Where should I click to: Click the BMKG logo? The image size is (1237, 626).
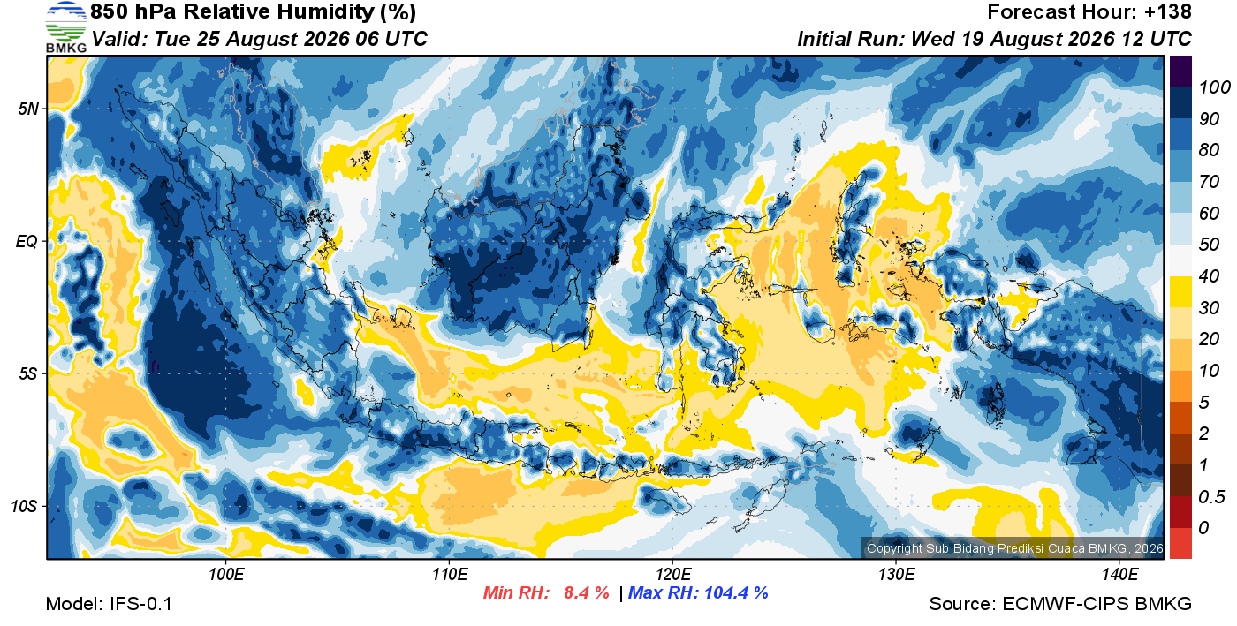[66, 27]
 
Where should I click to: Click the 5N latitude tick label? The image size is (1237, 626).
[28, 109]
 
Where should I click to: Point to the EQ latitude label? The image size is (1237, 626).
[27, 241]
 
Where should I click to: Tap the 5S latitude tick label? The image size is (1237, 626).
[28, 373]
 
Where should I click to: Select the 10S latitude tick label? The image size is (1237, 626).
[25, 506]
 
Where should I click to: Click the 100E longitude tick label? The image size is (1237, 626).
[226, 574]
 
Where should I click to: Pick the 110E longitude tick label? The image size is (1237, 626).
[450, 574]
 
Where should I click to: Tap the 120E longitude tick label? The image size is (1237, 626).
[673, 574]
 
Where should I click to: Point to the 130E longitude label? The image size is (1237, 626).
[896, 574]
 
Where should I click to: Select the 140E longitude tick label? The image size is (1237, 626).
[1120, 574]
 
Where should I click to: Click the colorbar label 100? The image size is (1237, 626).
[1214, 87]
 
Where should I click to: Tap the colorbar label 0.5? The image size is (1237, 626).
[1211, 497]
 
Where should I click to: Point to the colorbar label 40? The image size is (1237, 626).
[1209, 276]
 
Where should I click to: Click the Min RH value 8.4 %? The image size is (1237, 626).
[587, 592]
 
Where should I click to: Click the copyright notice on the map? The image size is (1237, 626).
[1014, 548]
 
